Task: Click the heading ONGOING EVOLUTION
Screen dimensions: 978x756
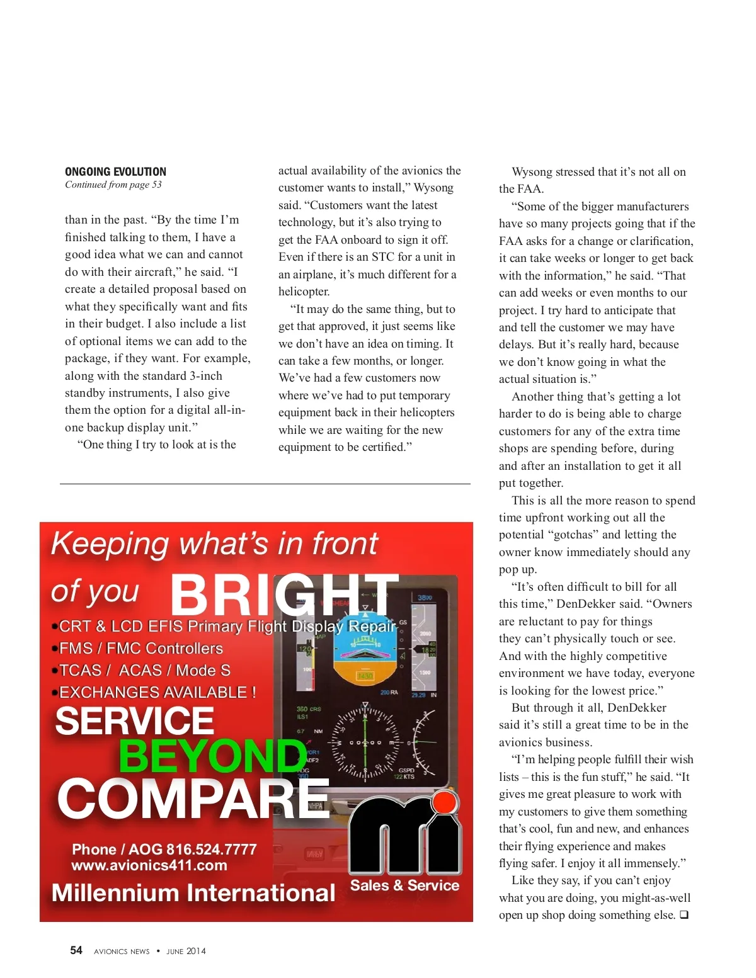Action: tap(115, 172)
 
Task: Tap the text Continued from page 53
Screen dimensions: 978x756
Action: tap(113, 185)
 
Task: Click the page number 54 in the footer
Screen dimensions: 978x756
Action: tap(76, 950)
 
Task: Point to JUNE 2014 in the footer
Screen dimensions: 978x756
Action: tap(186, 952)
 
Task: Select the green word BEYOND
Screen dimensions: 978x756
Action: tap(212, 756)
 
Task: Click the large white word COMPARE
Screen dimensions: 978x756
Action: tap(193, 799)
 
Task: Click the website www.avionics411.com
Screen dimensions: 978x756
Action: tap(149, 865)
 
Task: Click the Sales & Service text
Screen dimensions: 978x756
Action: tap(404, 885)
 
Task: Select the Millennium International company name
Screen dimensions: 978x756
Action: tap(193, 893)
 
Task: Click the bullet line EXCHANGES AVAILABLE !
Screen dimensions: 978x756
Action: tap(157, 693)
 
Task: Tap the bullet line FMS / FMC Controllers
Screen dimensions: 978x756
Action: tap(140, 649)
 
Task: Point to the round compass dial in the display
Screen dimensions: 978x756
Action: tap(365, 743)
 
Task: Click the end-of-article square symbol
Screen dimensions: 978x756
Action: tap(684, 915)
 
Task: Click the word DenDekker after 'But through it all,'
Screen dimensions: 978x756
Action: tap(636, 708)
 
